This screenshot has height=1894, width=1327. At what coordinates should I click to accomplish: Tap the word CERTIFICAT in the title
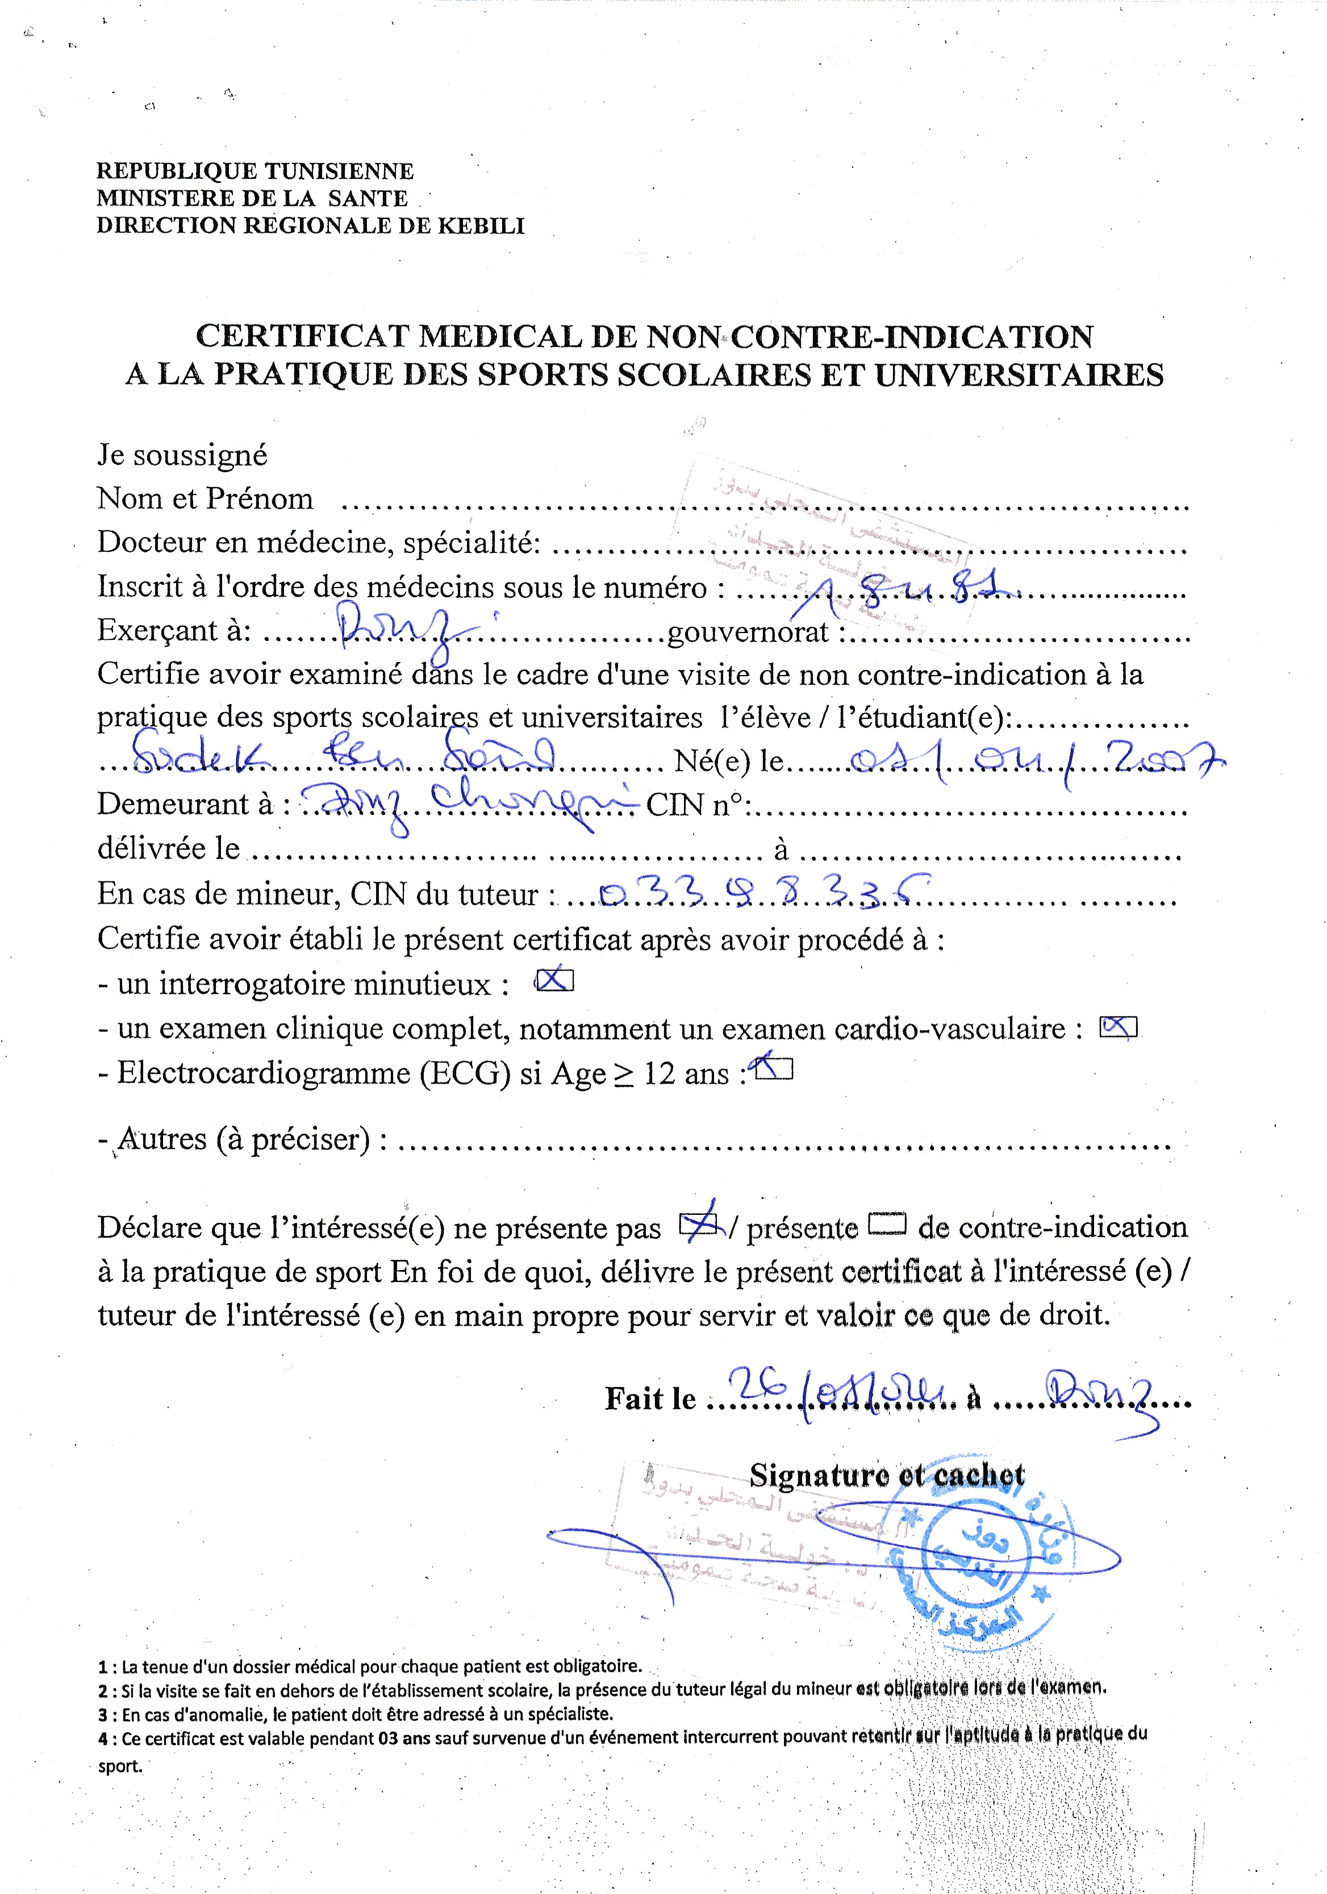click(302, 336)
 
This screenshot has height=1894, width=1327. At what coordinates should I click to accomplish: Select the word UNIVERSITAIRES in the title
click(1019, 376)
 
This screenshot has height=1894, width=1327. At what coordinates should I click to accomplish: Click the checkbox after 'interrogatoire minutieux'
click(554, 980)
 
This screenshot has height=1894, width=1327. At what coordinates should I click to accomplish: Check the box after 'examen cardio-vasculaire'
click(1119, 1026)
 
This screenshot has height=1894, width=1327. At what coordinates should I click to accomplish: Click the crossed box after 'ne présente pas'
click(699, 1227)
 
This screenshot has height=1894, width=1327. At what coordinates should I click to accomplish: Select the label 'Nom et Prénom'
click(206, 498)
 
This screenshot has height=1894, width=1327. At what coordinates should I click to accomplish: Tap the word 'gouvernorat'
click(747, 631)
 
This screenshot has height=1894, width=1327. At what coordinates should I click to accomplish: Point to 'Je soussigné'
click(182, 455)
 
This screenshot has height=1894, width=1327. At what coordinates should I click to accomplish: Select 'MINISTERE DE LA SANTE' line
click(252, 198)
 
